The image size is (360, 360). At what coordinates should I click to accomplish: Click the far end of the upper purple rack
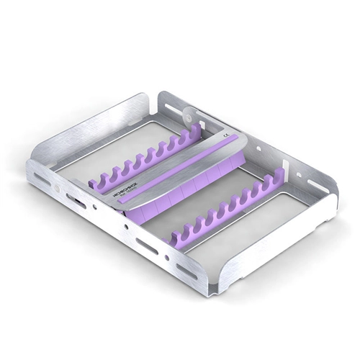(196, 131)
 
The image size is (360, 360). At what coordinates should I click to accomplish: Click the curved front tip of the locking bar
(115, 203)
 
